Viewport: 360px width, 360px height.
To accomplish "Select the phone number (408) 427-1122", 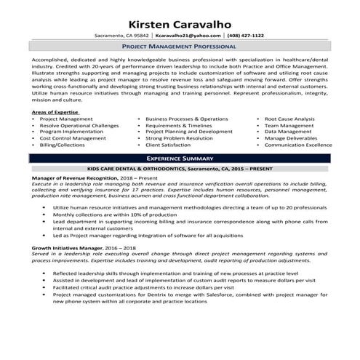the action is [246, 35].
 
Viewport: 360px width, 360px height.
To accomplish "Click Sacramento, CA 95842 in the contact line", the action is [122, 35].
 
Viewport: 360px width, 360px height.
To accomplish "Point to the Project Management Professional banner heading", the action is [180, 46].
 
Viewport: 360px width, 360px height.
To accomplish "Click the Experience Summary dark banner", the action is [180, 158].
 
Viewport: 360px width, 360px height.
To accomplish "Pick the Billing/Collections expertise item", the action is [63, 145].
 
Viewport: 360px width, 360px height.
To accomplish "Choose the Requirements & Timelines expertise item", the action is [179, 125].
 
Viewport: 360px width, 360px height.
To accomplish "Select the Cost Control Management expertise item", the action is [73, 138].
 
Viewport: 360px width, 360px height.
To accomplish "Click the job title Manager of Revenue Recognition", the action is [73, 178].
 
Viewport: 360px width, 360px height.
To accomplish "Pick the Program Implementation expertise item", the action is [72, 132].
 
